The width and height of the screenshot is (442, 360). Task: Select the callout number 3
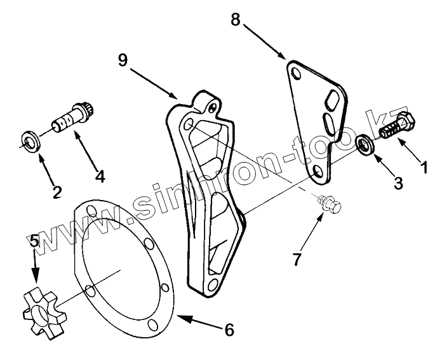tap(398, 183)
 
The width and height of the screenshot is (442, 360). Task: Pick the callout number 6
tap(229, 330)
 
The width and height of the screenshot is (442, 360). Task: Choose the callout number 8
tap(235, 20)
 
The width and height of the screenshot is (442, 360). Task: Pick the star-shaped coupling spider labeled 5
tap(40, 305)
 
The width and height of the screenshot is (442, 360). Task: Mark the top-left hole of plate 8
tap(293, 74)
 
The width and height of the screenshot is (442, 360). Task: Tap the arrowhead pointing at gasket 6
tap(179, 316)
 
